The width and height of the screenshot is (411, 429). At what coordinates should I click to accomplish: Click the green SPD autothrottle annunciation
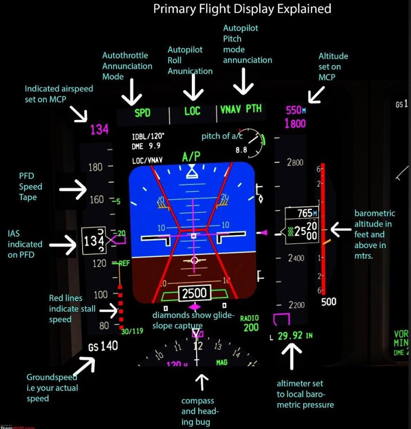point(142,113)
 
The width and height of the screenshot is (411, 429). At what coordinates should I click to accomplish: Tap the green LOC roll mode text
point(192,111)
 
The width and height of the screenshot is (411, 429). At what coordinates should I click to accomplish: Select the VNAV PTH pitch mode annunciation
point(241,109)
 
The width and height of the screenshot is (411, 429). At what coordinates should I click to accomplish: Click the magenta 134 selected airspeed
point(99,130)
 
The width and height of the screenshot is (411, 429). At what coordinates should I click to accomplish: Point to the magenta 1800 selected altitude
point(295,124)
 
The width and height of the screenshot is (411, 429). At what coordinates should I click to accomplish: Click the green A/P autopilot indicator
point(191,157)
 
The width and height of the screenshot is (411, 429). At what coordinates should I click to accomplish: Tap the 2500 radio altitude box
point(194,294)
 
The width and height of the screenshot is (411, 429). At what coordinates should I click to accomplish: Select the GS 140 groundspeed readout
point(103,346)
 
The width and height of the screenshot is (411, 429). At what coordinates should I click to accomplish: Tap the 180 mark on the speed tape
point(96,167)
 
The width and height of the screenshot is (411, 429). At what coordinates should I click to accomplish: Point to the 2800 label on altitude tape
point(295,162)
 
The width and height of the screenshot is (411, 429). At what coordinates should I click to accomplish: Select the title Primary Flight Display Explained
point(242,9)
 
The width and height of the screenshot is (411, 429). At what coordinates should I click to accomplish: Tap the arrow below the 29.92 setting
point(292,356)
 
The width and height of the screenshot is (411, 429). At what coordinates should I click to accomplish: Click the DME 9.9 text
point(146,146)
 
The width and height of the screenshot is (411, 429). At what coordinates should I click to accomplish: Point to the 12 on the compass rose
point(198,346)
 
